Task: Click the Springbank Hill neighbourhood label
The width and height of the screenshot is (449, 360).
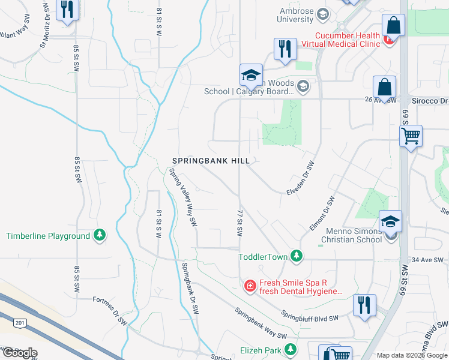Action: pos(215,161)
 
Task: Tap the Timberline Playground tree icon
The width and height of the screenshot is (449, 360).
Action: pos(100,236)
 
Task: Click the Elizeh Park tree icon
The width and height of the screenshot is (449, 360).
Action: pos(291,349)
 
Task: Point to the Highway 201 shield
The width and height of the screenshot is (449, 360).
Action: pos(20,323)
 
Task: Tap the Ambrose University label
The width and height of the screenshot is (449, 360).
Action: pos(303,15)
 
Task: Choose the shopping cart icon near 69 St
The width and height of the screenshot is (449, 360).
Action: pos(411,137)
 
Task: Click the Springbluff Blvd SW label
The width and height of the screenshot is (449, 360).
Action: pos(312,316)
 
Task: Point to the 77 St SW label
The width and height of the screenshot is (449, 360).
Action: pos(240,222)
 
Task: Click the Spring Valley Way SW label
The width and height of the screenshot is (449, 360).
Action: pos(183,197)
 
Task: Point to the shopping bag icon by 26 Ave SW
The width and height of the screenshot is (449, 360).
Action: pos(384,88)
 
